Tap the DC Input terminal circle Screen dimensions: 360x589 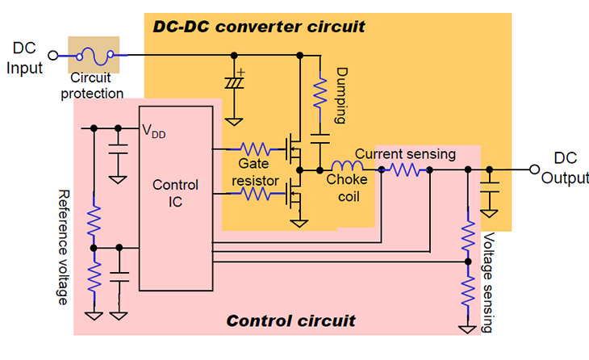53,55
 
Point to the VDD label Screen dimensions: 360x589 154,132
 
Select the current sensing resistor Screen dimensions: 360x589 403,170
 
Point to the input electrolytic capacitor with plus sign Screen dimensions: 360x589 235,83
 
